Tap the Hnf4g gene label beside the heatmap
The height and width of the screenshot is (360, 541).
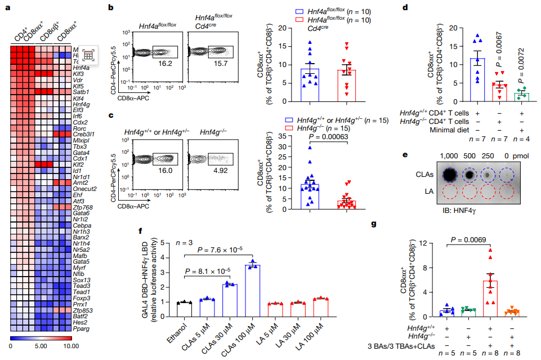point(80,104)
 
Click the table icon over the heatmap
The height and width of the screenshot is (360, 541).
point(88,55)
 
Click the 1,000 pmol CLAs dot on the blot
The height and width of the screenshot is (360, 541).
point(449,175)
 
